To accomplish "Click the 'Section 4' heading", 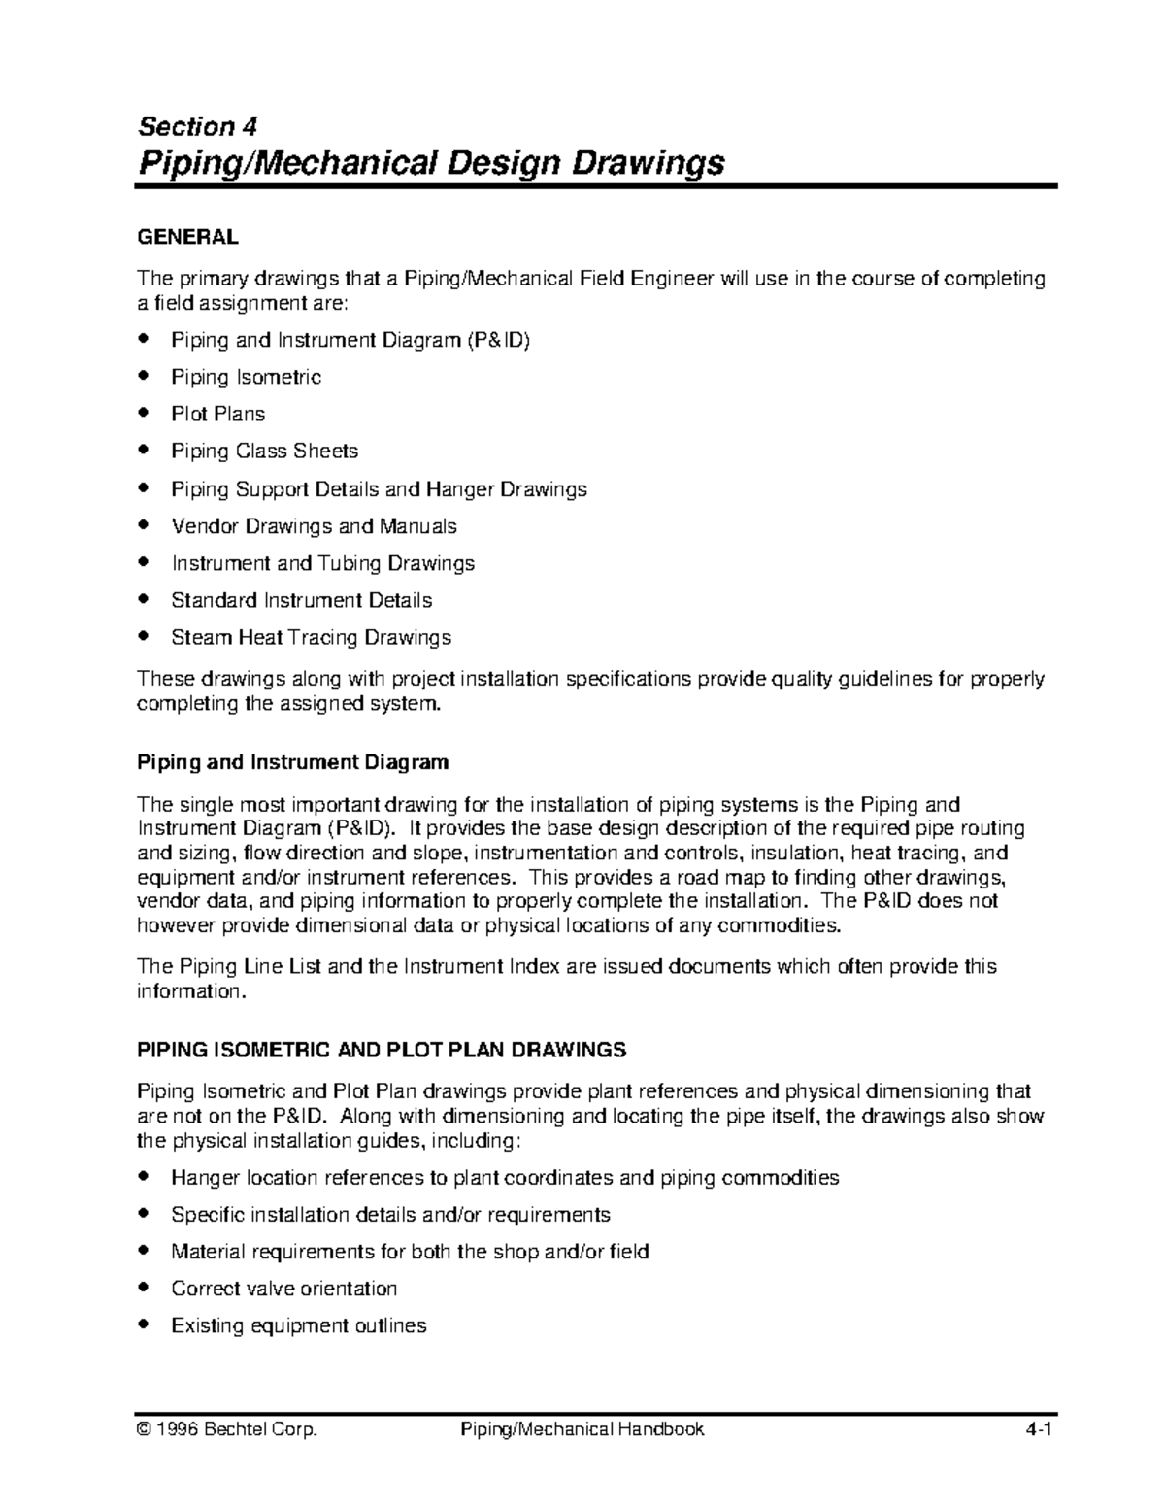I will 198,127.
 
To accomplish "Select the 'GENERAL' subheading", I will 187,237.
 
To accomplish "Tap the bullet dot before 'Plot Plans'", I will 145,413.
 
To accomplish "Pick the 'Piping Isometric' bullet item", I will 246,377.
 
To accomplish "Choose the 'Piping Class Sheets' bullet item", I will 264,451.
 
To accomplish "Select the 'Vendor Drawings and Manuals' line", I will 314,526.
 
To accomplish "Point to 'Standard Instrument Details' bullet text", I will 301,600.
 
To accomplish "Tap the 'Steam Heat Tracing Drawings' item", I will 311,638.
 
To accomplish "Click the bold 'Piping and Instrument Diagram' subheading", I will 292,762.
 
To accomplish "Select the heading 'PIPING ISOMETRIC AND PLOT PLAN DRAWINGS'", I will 382,1050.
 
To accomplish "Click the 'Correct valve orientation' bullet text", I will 283,1289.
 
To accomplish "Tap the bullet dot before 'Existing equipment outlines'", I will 145,1324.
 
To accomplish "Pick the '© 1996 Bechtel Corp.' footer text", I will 227,1429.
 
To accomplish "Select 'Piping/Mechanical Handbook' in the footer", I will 582,1429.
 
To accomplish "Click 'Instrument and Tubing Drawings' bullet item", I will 322,563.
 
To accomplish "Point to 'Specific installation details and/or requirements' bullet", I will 390,1215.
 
